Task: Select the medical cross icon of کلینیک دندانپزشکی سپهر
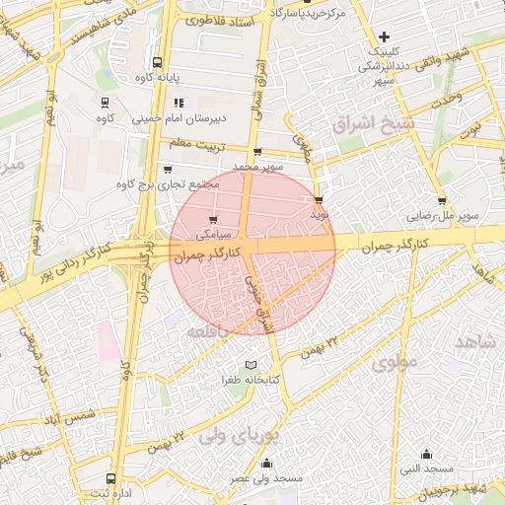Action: [x=384, y=36]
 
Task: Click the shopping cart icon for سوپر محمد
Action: [x=257, y=152]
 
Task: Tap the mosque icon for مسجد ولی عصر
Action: [x=265, y=463]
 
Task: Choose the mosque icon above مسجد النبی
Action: [x=426, y=454]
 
